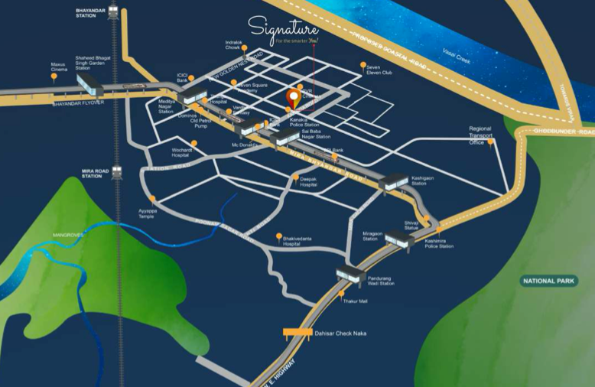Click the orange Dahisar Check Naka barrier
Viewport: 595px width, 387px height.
click(296, 332)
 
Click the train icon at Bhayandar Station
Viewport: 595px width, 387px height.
click(113, 12)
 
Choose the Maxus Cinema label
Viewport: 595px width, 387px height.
click(59, 67)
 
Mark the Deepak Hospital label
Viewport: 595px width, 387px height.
click(308, 182)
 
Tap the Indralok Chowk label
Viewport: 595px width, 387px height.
click(234, 44)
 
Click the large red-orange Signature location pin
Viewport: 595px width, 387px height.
click(292, 99)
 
